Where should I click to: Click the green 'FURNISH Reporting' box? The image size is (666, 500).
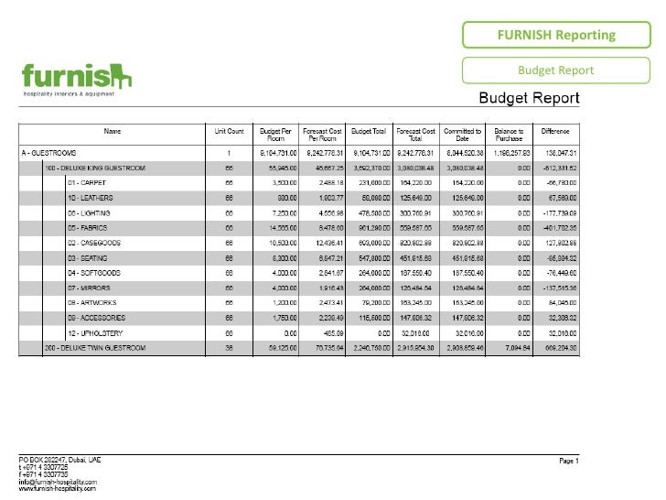556,36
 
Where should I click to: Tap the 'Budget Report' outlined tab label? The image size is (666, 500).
556,71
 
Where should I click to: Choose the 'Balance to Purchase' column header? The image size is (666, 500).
509,134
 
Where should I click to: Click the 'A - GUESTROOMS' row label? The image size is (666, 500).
54,152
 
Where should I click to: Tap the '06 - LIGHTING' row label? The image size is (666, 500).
89,212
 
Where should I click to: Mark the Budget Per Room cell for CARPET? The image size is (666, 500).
277,183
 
